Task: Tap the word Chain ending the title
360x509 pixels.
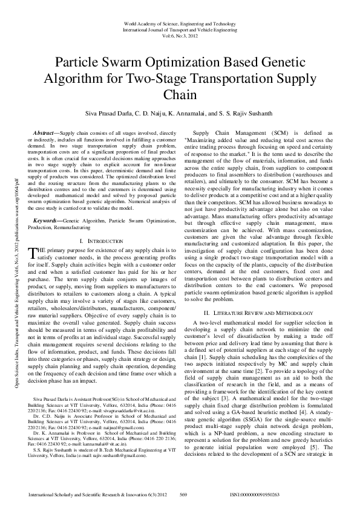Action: [x=180, y=96]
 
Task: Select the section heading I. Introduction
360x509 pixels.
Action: [x=100, y=224]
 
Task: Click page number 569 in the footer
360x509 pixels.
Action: [x=183, y=494]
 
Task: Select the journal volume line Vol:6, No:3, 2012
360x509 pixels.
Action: [x=180, y=36]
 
